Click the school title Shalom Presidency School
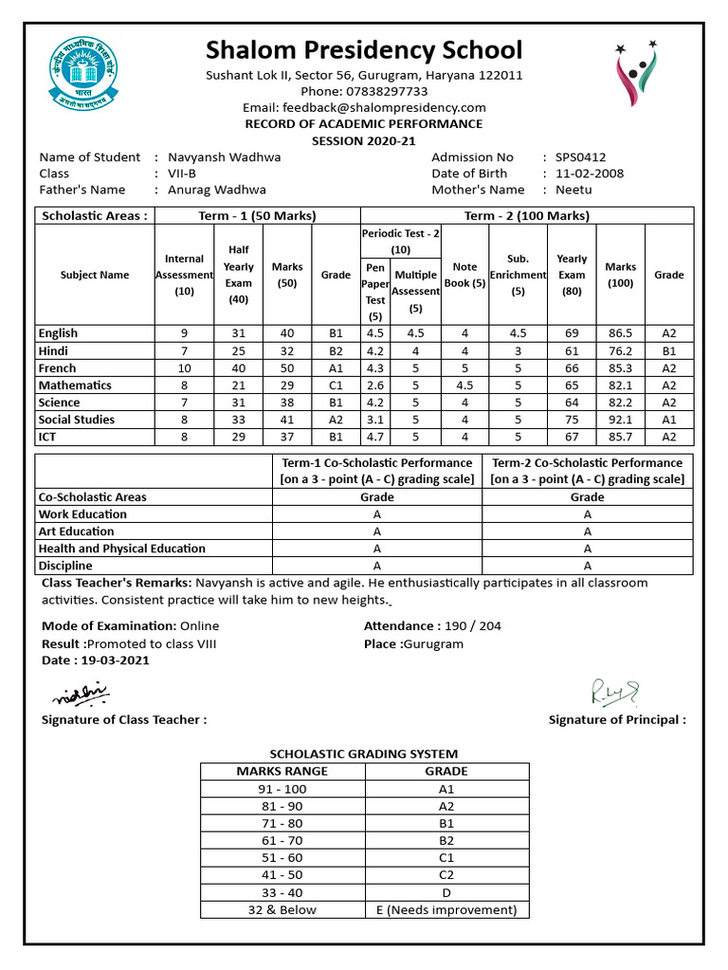364,49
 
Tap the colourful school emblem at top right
636,76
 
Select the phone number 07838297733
389,91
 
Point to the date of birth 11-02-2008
590,173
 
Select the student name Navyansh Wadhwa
224,157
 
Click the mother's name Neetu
573,189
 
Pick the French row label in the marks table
57,368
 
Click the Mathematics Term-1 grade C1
336,386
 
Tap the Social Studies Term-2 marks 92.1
621,420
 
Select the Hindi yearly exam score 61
572,350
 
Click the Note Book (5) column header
464,275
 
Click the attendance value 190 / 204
473,626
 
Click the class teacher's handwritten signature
82,695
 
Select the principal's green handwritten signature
615,692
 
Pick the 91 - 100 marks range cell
282,789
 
